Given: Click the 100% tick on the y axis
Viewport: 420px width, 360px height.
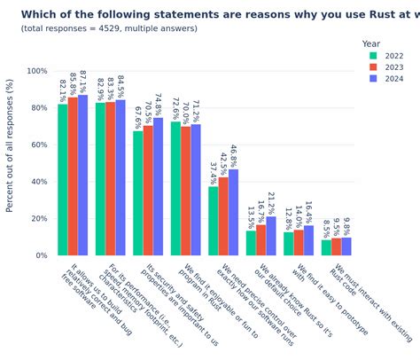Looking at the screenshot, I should (x=37, y=71).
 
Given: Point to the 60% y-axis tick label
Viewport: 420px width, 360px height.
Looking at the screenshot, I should (x=39, y=145).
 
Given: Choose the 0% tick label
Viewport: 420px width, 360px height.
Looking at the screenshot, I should (x=43, y=255).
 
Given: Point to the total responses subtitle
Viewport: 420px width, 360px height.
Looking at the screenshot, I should (x=109, y=28).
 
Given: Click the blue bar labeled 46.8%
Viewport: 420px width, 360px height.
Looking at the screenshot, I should (x=234, y=212).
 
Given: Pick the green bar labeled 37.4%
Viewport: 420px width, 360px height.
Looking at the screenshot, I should (x=213, y=221).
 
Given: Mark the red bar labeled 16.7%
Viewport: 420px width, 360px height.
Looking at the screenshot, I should (x=261, y=240).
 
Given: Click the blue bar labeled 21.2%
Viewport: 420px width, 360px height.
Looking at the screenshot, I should (x=271, y=236).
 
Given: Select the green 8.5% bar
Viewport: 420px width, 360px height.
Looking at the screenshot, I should (x=326, y=247).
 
